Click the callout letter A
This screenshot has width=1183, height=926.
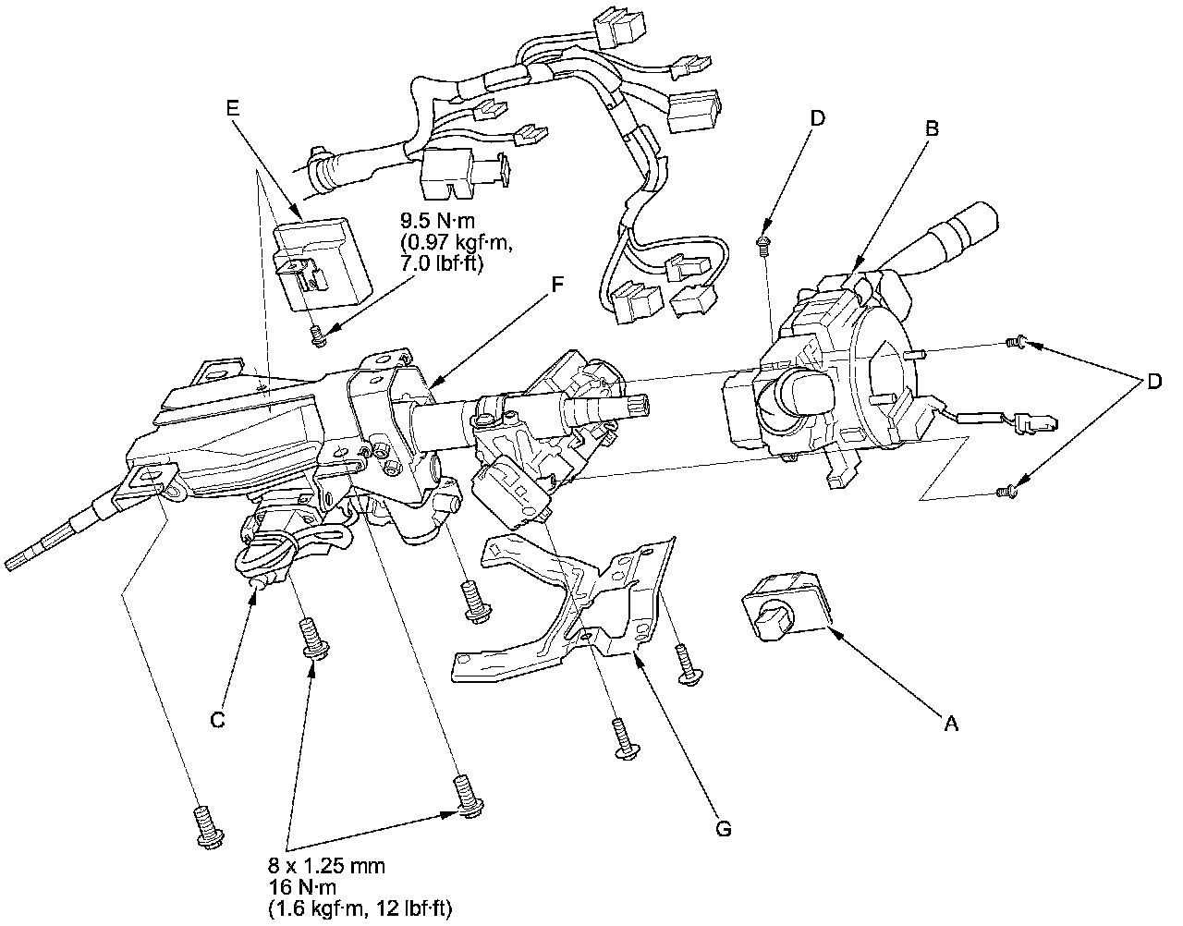pyautogui.click(x=949, y=725)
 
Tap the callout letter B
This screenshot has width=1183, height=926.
pyautogui.click(x=932, y=129)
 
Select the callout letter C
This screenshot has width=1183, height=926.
pyautogui.click(x=218, y=720)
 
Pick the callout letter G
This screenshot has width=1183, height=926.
pyautogui.click(x=724, y=829)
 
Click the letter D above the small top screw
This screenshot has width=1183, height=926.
pyautogui.click(x=818, y=118)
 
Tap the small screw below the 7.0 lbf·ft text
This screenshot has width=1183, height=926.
pyautogui.click(x=319, y=336)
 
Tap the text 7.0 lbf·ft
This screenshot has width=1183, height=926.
pyautogui.click(x=442, y=264)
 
